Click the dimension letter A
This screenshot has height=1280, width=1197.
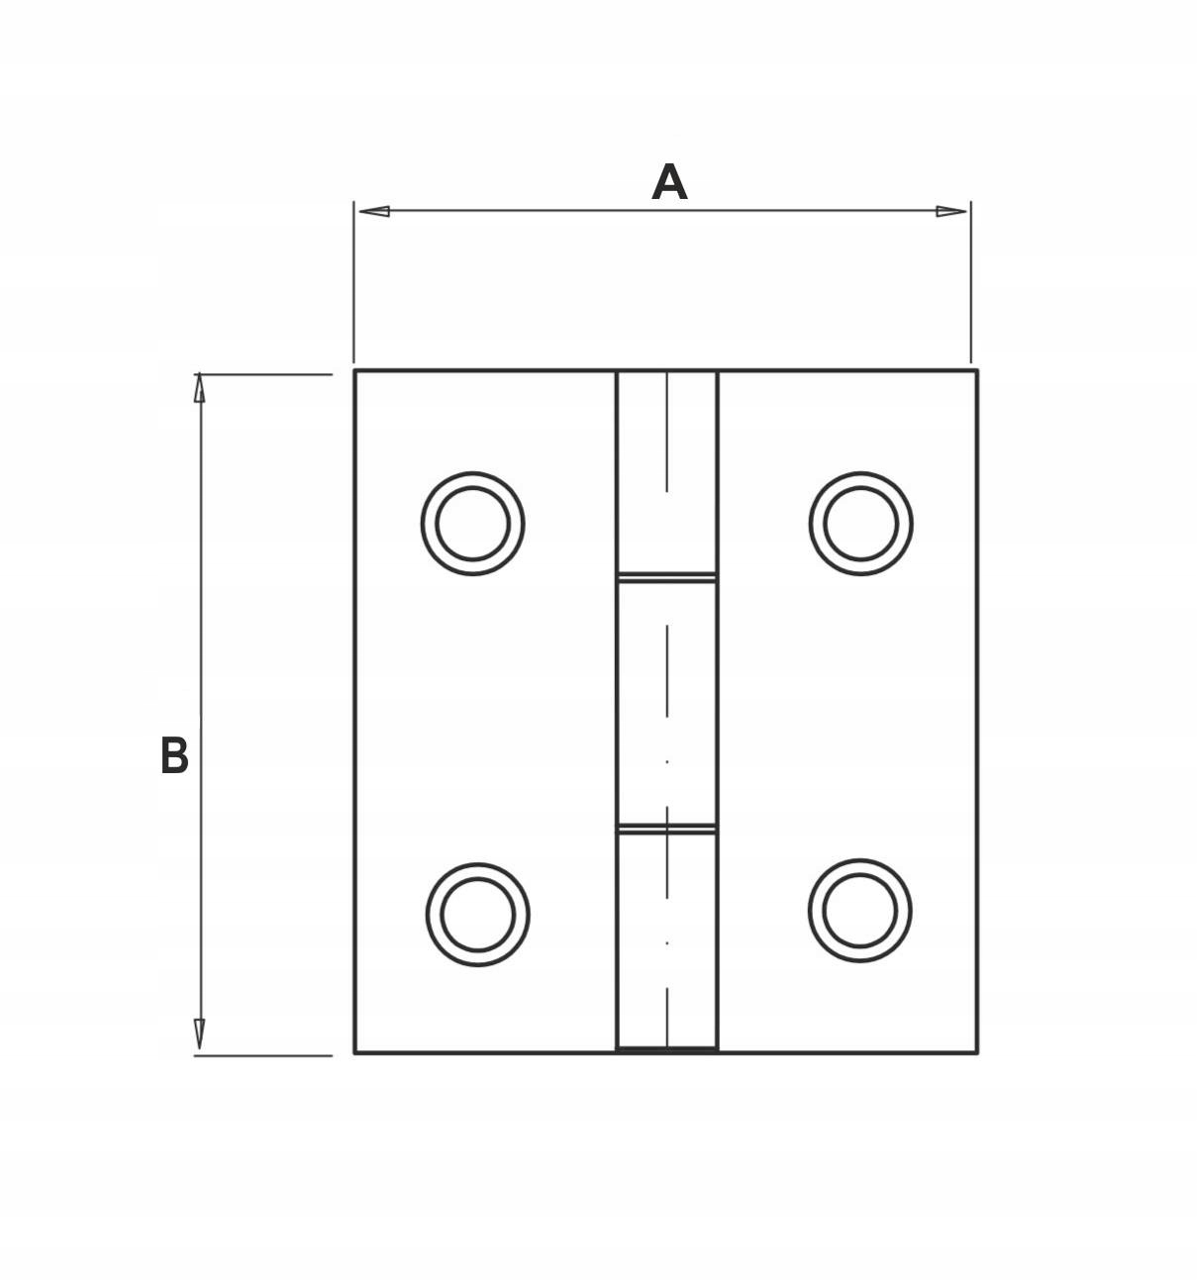pos(669,183)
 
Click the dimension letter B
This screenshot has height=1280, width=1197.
pos(174,756)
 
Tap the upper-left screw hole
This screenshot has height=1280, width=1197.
pos(473,524)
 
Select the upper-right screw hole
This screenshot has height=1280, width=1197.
pos(860,524)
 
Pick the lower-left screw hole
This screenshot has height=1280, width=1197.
pos(477,914)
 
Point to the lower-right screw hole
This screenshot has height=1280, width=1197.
pos(859,911)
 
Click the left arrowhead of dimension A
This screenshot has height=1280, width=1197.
pos(373,211)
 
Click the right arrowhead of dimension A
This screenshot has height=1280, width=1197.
pos(951,211)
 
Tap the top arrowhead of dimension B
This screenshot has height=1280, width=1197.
pos(200,388)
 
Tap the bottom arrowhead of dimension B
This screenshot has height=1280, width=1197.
pos(200,1034)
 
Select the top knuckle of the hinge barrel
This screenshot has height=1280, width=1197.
pos(667,472)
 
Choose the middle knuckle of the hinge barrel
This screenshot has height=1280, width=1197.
pos(667,703)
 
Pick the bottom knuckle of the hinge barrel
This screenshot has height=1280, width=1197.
pos(667,940)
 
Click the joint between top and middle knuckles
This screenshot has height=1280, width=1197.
pos(667,577)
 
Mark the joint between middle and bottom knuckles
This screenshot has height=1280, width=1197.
pos(667,829)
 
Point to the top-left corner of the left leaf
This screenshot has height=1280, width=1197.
pos(355,371)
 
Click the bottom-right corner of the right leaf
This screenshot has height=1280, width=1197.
pos(976,1051)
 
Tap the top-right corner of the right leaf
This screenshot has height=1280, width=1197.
pos(976,371)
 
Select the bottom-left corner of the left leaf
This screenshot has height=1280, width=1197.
pos(355,1051)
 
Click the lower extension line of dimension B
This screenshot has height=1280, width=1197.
pos(263,1055)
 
